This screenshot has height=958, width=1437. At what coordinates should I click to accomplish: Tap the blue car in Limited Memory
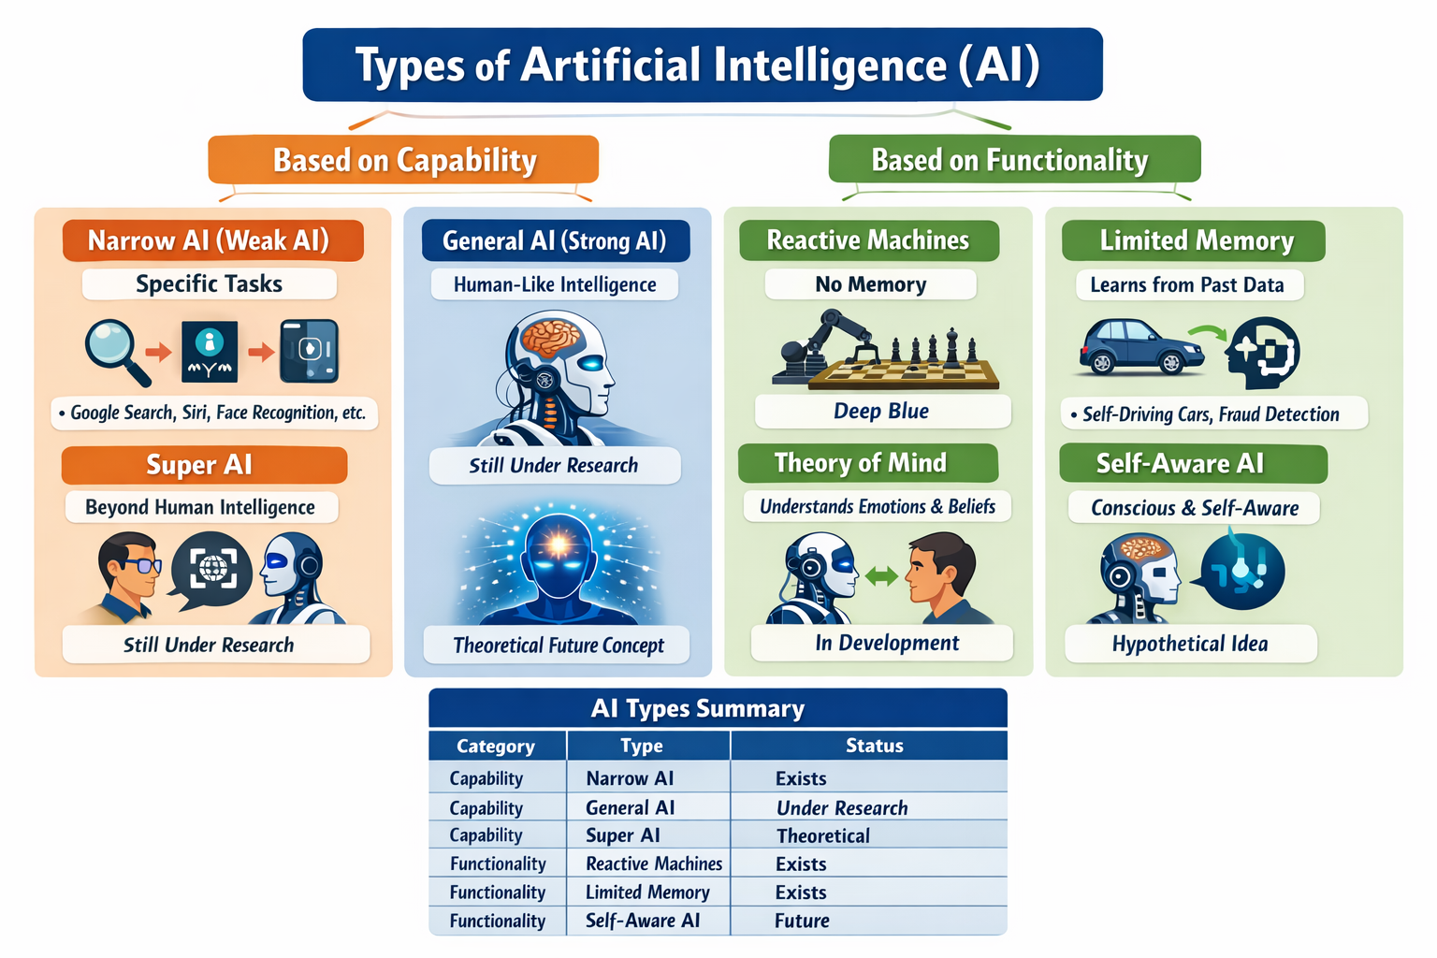tap(1140, 347)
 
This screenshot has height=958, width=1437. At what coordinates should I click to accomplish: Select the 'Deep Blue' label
tap(881, 412)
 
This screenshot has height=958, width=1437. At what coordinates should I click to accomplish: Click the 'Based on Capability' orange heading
tap(403, 160)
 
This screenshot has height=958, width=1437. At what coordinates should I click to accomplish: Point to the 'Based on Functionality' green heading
tap(1013, 160)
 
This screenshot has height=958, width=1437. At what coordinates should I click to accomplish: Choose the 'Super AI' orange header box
tap(204, 465)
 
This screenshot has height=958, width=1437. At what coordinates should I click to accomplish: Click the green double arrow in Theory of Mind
tap(880, 576)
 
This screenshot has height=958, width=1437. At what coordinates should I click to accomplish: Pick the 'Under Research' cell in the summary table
tap(842, 807)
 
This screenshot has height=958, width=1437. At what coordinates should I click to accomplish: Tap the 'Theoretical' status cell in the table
tap(823, 835)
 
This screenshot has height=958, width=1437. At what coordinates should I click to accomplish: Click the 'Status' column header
tap(874, 746)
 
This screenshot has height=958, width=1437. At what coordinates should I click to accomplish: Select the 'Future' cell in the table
tap(802, 921)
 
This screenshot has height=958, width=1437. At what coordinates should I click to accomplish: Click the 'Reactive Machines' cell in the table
tap(653, 864)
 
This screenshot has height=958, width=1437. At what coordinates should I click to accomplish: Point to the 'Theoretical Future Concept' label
tap(558, 646)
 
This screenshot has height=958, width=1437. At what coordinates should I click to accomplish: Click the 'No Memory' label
tap(870, 284)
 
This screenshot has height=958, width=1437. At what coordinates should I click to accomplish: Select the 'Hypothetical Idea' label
tap(1190, 644)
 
